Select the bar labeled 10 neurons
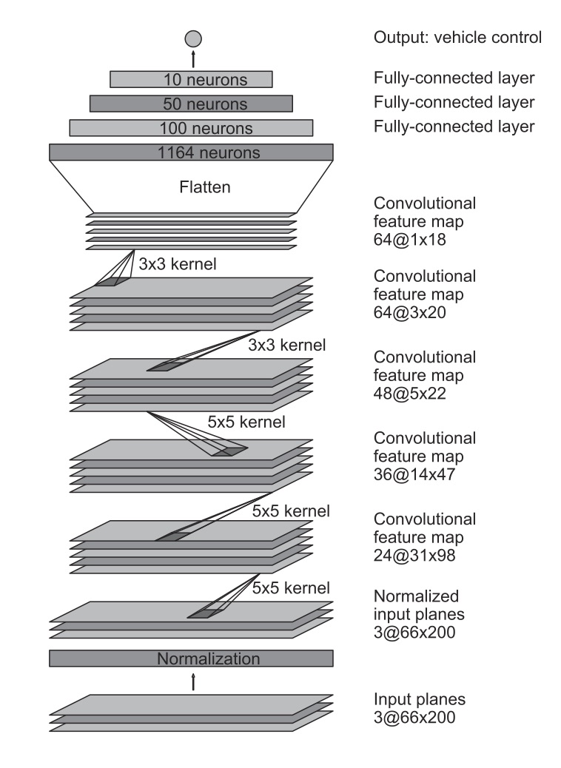pos(191,79)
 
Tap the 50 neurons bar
pos(191,104)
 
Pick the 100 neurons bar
pos(191,128)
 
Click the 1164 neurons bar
pos(191,152)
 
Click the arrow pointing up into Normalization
pos(192,681)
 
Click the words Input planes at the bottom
pos(420,699)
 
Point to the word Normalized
pos(417,596)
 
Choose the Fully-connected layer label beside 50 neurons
pos(454,101)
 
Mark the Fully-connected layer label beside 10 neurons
pos(454,77)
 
